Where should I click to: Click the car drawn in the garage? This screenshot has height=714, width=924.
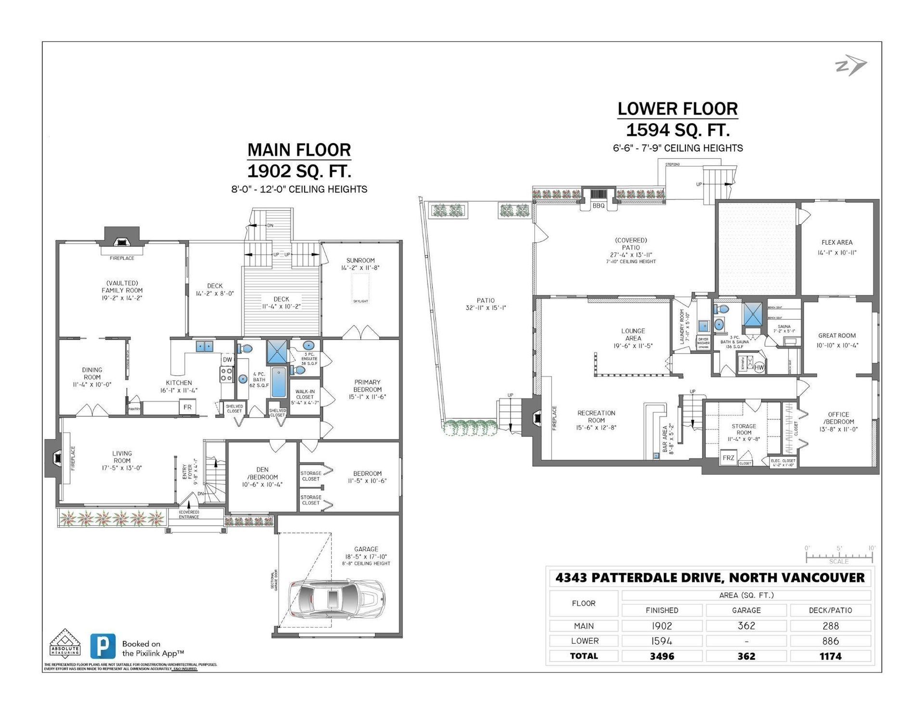tap(336, 599)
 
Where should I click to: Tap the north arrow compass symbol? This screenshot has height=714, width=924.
tap(850, 66)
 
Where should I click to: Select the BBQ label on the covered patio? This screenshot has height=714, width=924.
tap(598, 206)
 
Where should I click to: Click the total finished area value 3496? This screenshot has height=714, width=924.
tap(662, 656)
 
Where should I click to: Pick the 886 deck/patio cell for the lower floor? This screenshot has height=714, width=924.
tap(830, 641)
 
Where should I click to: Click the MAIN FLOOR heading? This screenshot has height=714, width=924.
tap(299, 150)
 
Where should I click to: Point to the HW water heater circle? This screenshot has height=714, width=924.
tap(759, 367)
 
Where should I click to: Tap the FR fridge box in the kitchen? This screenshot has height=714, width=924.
tap(187, 407)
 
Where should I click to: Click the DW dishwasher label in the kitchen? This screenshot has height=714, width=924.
tap(227, 360)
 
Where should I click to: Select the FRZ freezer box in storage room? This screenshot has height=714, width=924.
tap(728, 458)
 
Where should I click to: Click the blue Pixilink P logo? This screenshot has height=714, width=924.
tap(103, 646)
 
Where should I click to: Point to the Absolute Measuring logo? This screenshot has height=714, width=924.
tap(65, 643)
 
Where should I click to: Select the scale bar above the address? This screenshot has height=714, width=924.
tap(839, 557)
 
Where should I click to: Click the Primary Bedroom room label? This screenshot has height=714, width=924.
tap(367, 389)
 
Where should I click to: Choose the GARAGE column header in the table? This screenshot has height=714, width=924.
tap(746, 610)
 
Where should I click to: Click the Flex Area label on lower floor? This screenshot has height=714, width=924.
tap(837, 243)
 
